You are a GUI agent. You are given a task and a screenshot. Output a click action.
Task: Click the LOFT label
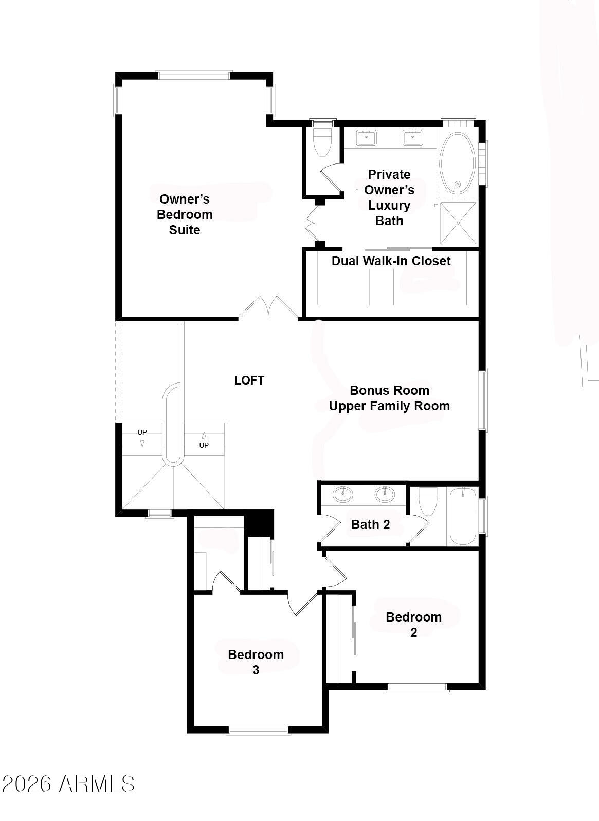[x=249, y=380]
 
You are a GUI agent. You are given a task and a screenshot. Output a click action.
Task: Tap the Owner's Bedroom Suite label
[x=185, y=214]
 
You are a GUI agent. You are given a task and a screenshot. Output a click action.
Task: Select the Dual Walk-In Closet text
[x=391, y=261]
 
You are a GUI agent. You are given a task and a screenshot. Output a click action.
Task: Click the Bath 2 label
[x=370, y=524]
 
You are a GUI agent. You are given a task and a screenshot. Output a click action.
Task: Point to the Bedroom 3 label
[x=256, y=662]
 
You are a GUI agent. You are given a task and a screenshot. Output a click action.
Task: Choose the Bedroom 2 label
[x=413, y=625]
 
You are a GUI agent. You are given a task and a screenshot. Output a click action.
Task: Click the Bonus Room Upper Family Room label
[x=389, y=398]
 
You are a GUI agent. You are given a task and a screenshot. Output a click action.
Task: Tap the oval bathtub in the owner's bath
[x=458, y=163]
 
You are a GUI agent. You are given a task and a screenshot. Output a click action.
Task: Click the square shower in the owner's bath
[x=458, y=223]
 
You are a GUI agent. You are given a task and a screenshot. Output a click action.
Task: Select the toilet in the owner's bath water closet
[x=322, y=142]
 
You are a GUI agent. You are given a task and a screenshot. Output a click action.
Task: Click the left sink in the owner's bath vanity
[x=366, y=137]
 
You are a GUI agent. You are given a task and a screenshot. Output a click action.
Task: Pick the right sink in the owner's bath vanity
[x=413, y=137]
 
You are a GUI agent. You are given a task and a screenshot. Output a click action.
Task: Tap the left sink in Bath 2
[x=343, y=494]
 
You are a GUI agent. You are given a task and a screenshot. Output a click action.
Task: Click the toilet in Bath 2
[x=428, y=501]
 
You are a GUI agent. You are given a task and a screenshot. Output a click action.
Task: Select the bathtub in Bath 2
[x=463, y=516]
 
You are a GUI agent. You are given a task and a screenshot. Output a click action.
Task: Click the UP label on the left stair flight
[x=142, y=432]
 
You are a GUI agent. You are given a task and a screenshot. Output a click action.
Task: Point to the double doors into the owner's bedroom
[x=268, y=307]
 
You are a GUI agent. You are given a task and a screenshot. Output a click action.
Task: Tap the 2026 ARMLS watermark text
[x=68, y=784]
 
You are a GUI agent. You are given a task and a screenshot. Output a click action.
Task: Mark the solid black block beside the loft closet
[x=259, y=523]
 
